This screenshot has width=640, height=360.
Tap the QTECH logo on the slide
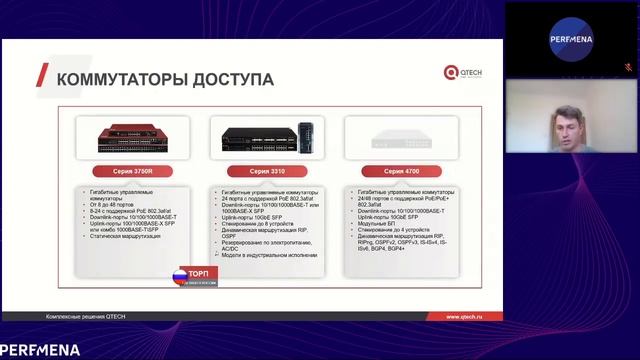click(x=463, y=72)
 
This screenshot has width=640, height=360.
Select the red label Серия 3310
click(x=256, y=170)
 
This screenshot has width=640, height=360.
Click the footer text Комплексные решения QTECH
click(x=87, y=317)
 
